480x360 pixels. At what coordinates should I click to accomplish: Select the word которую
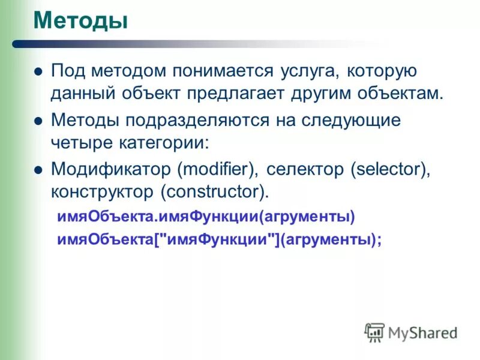pos(378,71)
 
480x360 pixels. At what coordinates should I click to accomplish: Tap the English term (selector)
pos(389,169)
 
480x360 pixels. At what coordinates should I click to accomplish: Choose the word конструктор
pos(102,193)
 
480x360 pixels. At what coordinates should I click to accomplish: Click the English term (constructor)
pos(214,193)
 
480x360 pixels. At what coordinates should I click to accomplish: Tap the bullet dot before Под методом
pos(38,71)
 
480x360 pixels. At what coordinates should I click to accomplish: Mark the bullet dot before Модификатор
pos(38,170)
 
